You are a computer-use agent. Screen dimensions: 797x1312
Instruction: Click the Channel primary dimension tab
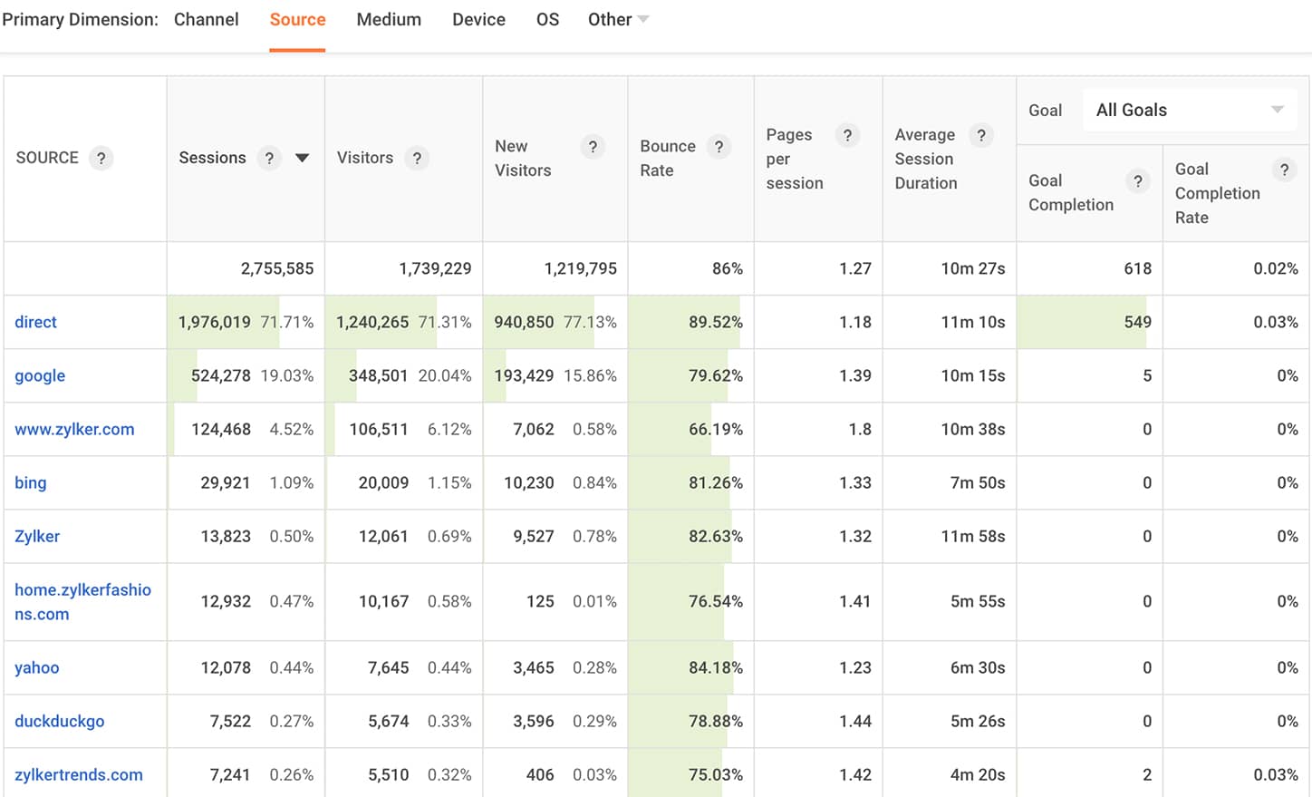[x=206, y=19]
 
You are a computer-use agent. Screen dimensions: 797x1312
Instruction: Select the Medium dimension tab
[x=389, y=19]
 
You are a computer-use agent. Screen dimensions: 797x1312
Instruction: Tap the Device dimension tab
[x=478, y=19]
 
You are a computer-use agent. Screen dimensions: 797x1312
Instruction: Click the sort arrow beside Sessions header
[x=303, y=158]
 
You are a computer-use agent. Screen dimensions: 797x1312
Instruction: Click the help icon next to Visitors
[x=417, y=158]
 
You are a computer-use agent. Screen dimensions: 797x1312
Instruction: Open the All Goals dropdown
[x=1190, y=110]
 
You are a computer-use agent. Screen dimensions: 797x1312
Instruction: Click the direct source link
[x=35, y=322]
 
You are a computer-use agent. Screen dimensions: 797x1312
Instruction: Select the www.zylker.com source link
[x=74, y=429]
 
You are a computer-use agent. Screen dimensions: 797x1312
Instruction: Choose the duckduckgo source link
[x=59, y=721]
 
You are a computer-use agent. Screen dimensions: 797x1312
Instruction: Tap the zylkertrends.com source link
[x=79, y=774]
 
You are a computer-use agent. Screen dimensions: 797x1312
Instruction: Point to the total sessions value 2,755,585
[x=276, y=268]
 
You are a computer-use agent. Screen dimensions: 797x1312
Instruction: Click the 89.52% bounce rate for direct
[x=715, y=322]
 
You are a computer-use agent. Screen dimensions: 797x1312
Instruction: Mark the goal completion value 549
[x=1137, y=322]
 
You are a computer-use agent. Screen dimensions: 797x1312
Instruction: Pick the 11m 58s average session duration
[x=972, y=536]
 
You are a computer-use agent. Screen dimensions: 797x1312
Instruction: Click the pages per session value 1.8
[x=860, y=429]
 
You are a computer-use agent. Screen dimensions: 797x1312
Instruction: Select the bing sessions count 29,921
[x=225, y=482]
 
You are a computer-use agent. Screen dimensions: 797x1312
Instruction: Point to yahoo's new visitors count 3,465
[x=533, y=667]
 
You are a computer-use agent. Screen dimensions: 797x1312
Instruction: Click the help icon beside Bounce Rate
[x=719, y=147]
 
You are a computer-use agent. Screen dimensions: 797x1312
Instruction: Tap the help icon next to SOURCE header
[x=101, y=158]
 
